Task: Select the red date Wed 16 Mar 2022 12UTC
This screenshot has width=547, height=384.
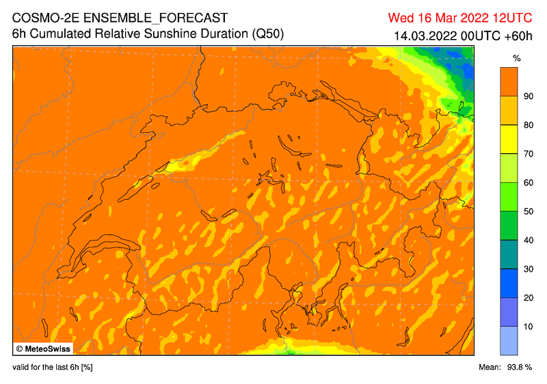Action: point(466,17)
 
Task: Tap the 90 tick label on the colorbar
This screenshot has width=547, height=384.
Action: point(528,97)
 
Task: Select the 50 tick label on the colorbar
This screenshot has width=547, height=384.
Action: point(528,212)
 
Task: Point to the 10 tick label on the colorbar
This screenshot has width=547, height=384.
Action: point(528,327)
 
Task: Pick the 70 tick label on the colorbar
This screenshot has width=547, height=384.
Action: point(528,154)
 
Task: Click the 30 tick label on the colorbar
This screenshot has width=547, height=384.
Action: point(528,269)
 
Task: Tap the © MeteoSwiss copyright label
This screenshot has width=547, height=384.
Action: point(41,348)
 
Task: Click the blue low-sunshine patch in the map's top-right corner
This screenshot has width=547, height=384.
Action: point(468,69)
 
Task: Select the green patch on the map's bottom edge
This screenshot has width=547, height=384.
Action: point(290,350)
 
